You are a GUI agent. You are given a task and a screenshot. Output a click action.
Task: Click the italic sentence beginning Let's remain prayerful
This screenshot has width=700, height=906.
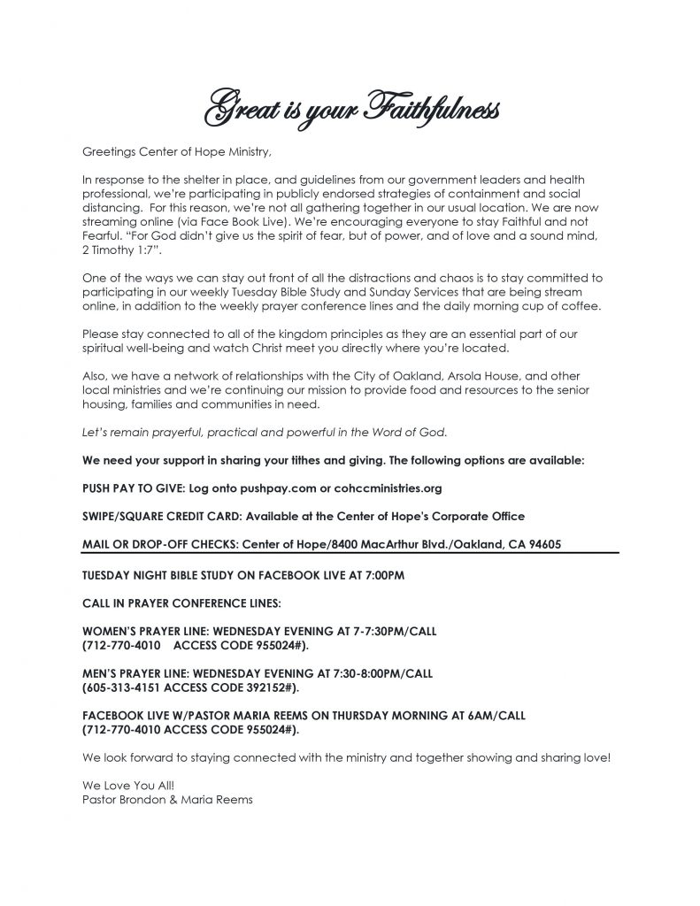[x=265, y=432]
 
